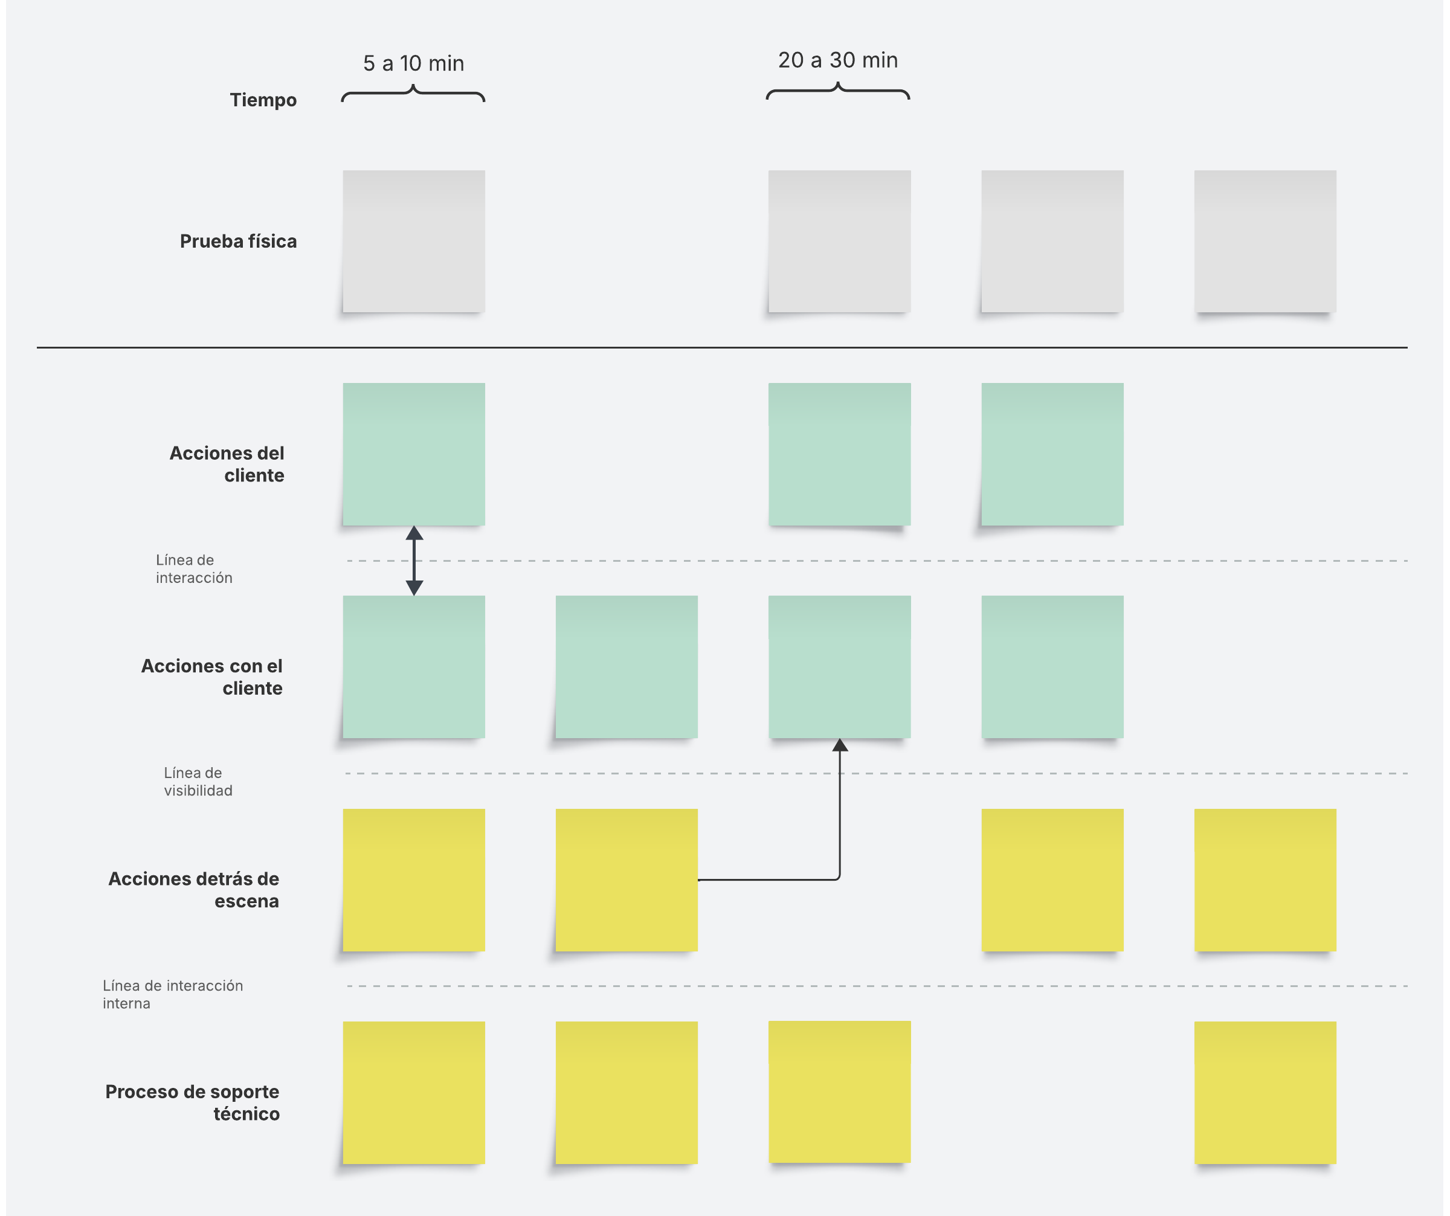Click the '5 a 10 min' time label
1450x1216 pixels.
(x=414, y=63)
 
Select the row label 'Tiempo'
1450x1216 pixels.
(x=263, y=100)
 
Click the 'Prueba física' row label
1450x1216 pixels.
(x=238, y=241)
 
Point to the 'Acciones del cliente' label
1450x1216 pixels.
(x=227, y=464)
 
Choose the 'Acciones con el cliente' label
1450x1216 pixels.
(x=213, y=677)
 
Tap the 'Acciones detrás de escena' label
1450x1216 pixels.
(x=194, y=889)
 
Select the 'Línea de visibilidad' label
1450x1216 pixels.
(x=198, y=782)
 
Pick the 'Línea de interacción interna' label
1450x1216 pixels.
(x=173, y=994)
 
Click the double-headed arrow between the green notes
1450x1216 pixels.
(x=414, y=561)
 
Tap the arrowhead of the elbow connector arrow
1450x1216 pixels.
(x=840, y=745)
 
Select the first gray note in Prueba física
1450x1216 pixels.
(x=414, y=242)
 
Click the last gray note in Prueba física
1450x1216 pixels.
(x=1265, y=242)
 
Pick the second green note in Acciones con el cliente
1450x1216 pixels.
(x=627, y=667)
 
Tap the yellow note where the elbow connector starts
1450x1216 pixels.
(x=627, y=880)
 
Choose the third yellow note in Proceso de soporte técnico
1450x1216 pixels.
(x=840, y=1092)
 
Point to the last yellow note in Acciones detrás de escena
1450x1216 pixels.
(x=1265, y=880)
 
